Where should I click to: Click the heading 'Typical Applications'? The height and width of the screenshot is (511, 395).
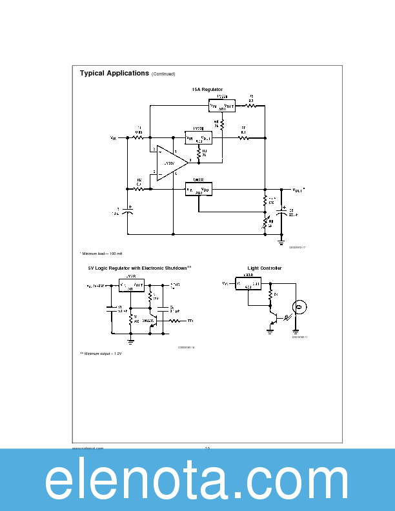coord(114,74)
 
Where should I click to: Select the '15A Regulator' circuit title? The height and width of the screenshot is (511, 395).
coord(207,88)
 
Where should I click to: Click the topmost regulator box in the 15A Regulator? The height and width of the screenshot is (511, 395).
coord(222,105)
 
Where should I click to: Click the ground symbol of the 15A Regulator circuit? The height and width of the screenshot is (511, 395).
coord(281,241)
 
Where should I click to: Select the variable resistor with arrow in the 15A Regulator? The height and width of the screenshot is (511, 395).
coord(264,224)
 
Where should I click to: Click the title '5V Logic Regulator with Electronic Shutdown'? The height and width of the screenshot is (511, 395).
coord(139,268)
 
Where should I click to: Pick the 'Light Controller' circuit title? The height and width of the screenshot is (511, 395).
coord(264,268)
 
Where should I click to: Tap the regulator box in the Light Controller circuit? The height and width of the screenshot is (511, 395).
coord(248,284)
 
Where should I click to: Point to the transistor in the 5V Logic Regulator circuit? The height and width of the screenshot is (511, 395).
coord(153,322)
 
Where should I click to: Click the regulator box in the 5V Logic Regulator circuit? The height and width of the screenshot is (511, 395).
coord(132,286)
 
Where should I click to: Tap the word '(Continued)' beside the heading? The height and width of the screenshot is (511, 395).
coord(163,74)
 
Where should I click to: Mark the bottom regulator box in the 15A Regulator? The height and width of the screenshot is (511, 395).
coord(199,189)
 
